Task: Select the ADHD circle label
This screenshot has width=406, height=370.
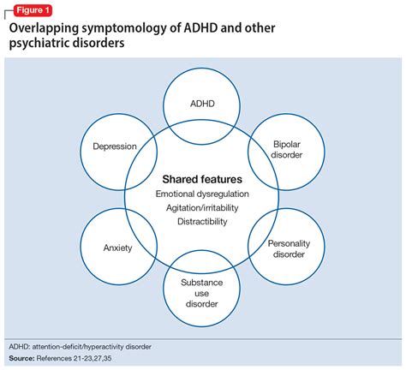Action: [203, 102]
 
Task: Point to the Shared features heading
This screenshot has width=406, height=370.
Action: [202, 180]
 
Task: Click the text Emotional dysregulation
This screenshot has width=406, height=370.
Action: [202, 194]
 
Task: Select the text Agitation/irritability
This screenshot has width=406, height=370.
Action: [202, 208]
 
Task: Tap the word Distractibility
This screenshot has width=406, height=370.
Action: [202, 222]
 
